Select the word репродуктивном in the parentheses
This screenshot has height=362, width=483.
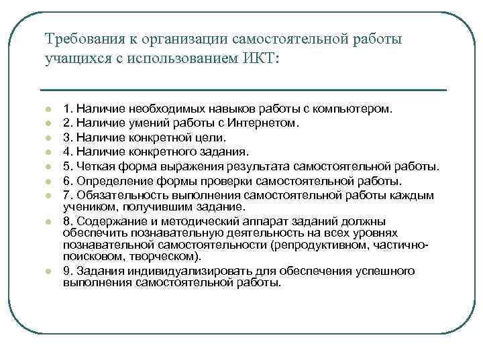(323, 245)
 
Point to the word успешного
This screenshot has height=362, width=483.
(382, 271)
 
